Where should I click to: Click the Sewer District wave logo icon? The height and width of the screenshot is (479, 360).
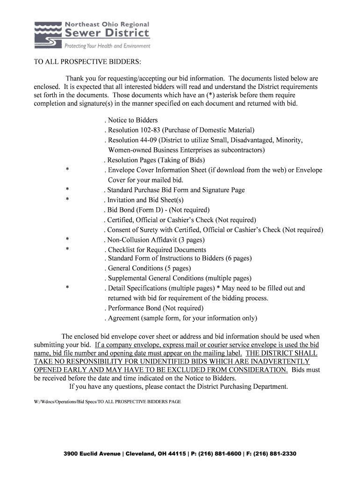coord(48,35)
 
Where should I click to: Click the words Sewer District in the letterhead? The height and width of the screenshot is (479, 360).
coord(107,33)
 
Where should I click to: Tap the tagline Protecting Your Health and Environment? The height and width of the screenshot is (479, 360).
coord(107,46)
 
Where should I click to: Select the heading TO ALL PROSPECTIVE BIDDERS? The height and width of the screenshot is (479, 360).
coord(87,63)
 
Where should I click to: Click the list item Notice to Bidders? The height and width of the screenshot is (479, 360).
coord(133,120)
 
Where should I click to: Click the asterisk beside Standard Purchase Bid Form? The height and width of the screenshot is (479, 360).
coord(68,190)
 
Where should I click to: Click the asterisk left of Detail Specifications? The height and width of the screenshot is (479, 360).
coord(68,288)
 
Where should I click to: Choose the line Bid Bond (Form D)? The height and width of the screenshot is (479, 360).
coord(158,210)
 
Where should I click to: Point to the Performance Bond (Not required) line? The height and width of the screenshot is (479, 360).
coord(155,308)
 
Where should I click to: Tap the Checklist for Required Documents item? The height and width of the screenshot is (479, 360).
coord(157,250)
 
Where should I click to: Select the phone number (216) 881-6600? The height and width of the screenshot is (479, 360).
coord(218,454)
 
